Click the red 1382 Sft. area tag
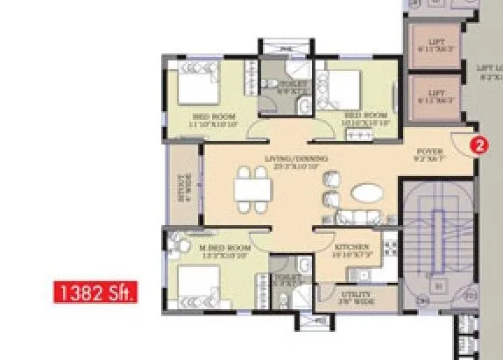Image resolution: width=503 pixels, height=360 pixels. (x=96, y=290)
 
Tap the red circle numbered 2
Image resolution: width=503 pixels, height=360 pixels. (x=478, y=146)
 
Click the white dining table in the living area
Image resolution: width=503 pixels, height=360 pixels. (x=251, y=190)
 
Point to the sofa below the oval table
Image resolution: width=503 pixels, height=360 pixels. (x=355, y=217)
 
